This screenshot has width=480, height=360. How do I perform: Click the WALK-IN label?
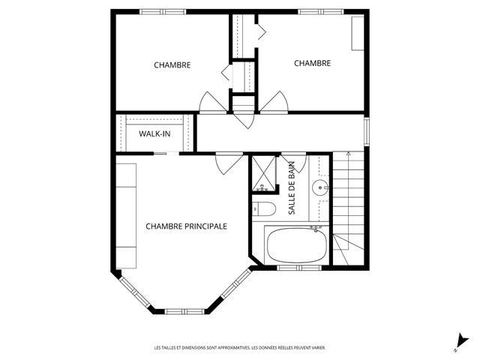click(x=154, y=133)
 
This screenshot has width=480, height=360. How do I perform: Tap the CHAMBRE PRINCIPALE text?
click(x=187, y=226)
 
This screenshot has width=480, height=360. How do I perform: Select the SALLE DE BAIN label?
click(x=292, y=188)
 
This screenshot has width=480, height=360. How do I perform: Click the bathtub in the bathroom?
click(x=297, y=245)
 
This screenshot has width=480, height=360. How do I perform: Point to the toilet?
click(x=264, y=208)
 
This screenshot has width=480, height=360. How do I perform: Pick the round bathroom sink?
click(x=320, y=187)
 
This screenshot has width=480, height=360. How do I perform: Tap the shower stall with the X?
click(x=263, y=173)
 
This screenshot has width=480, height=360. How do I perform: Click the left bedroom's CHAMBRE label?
click(x=172, y=65)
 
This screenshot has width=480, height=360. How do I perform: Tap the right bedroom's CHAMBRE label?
click(x=312, y=63)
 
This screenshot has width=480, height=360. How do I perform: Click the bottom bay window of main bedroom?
click(x=184, y=312)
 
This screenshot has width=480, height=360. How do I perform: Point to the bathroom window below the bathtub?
click(x=299, y=268)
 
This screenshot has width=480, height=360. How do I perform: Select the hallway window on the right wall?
click(x=367, y=132)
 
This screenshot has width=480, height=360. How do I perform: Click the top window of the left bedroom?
click(x=163, y=12)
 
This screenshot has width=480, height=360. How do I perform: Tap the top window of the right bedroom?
click(x=321, y=12)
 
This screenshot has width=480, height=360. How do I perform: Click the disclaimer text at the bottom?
click(x=240, y=348)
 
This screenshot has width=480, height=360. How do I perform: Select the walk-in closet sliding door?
click(x=166, y=153)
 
